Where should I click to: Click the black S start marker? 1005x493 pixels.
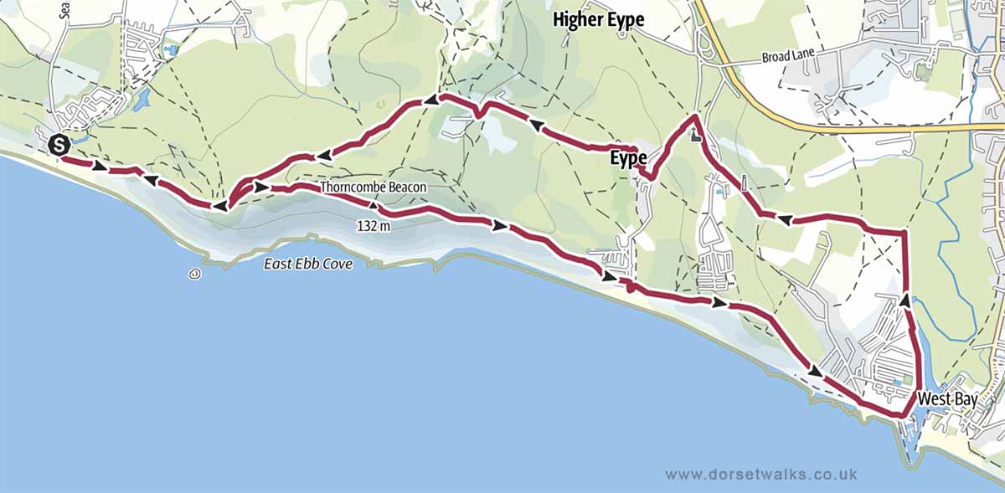[59, 144]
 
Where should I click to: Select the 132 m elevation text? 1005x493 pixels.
[374, 225]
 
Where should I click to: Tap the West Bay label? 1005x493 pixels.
[946, 400]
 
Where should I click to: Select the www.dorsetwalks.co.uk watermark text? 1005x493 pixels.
[761, 474]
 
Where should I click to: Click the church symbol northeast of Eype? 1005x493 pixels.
[694, 135]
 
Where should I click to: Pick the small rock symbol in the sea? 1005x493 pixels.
[194, 273]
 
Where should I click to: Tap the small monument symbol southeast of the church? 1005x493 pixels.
[743, 182]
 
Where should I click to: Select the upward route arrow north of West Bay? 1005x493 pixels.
[905, 299]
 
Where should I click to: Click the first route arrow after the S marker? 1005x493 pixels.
[100, 167]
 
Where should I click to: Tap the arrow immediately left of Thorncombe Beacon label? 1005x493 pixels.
[262, 188]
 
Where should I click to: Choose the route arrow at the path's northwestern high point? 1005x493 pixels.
[429, 100]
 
